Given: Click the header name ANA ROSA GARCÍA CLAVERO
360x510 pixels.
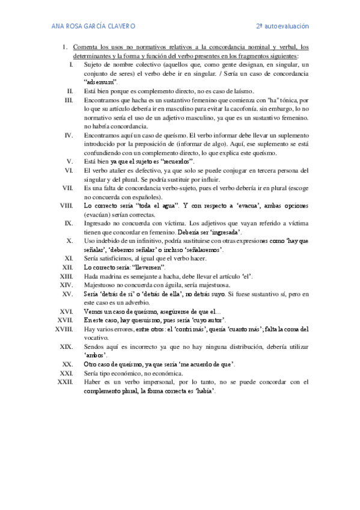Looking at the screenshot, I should pyautogui.click(x=93, y=26).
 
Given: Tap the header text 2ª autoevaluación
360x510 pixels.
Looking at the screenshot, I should pyautogui.click(x=282, y=26).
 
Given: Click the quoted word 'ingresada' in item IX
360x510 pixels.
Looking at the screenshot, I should pyautogui.click(x=222, y=232).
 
